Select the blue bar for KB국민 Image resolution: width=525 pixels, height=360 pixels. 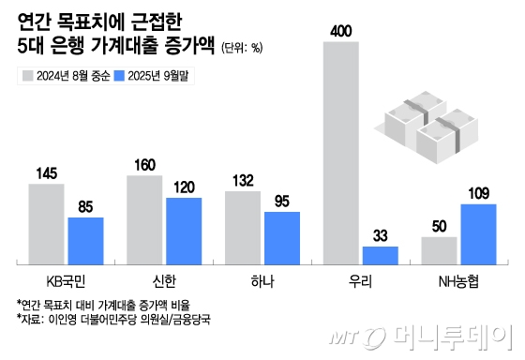[85, 240]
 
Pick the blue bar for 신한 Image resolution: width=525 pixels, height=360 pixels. [184, 230]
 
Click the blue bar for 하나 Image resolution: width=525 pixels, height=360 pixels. [282, 237]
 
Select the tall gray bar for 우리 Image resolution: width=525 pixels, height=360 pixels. [341, 151]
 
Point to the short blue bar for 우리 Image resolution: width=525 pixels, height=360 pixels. [381, 254]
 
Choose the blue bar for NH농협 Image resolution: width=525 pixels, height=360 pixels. [479, 232]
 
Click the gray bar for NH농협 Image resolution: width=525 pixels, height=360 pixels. [440, 249]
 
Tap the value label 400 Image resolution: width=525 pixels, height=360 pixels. [341, 32]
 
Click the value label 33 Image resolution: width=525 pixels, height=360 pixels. [381, 236]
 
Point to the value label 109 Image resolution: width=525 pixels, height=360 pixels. [479, 194]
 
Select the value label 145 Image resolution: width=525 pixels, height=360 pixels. [46, 173]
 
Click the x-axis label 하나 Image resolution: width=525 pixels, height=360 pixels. [262, 280]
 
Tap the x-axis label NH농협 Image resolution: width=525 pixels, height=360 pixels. [459, 280]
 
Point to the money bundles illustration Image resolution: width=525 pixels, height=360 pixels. [427, 127]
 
